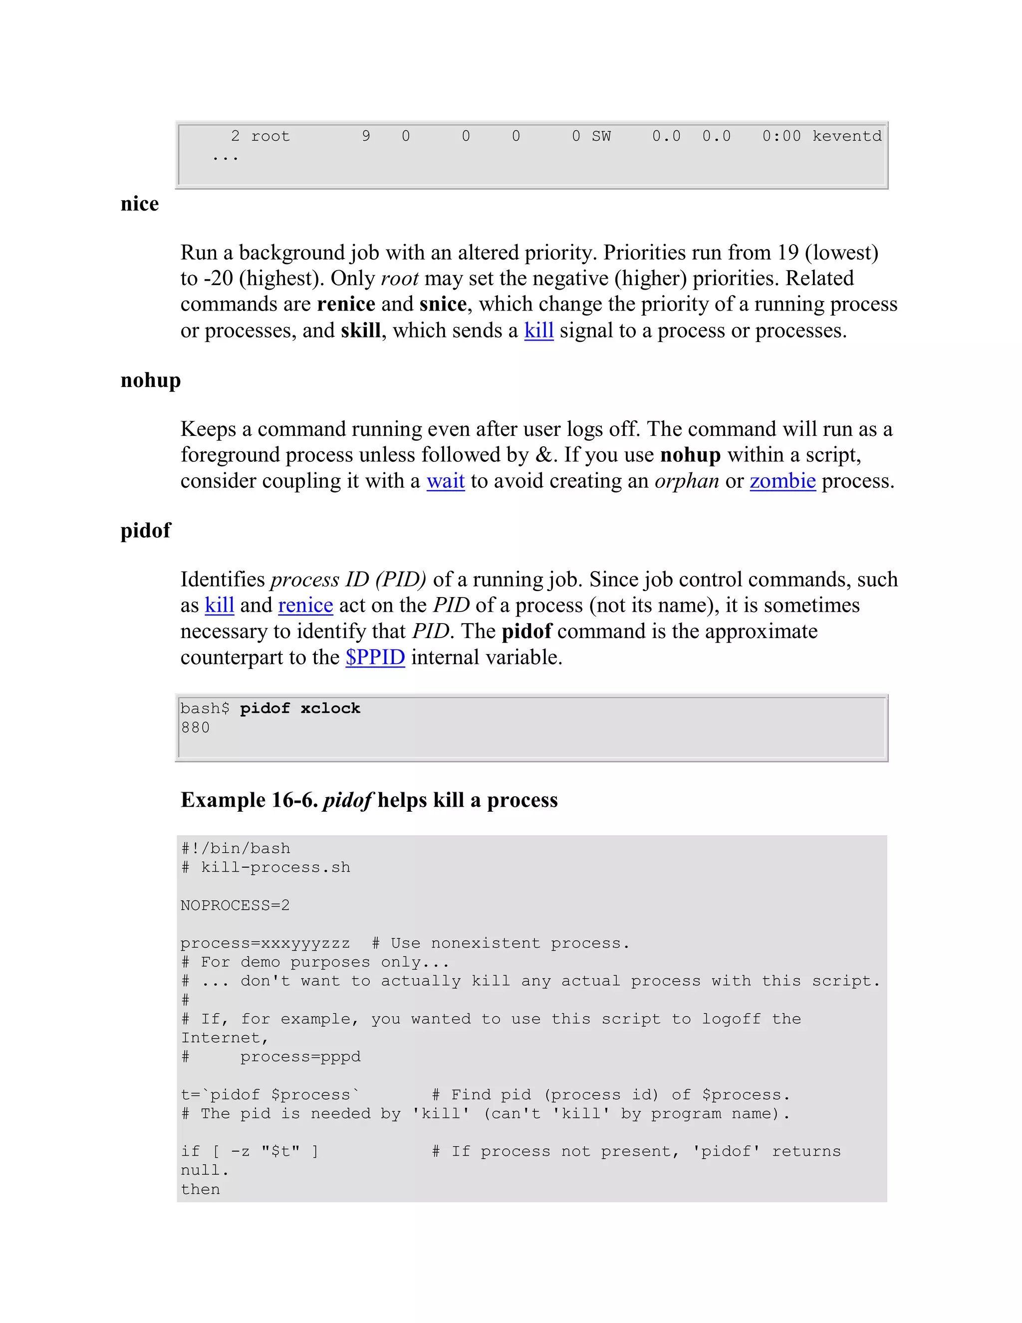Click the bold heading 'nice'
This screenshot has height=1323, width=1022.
(139, 204)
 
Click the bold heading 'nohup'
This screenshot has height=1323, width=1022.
(150, 380)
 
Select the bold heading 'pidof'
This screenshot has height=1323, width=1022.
(145, 531)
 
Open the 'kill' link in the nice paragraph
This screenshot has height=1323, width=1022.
(538, 331)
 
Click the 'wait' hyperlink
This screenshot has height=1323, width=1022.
(445, 481)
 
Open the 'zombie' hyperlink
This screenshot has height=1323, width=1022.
(782, 481)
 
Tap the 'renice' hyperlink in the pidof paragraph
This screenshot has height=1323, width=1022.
(305, 605)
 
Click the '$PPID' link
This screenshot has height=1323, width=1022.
(375, 658)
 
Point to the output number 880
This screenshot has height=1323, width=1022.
(195, 727)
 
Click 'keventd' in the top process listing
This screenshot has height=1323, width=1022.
(846, 136)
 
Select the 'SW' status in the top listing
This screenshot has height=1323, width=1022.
(601, 136)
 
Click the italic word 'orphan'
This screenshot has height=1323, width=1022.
(687, 481)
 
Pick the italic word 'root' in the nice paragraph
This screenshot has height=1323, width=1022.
(399, 279)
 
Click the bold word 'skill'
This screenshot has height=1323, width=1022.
(360, 331)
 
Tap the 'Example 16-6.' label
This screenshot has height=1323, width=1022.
(249, 800)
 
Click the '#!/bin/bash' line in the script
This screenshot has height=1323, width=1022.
(236, 848)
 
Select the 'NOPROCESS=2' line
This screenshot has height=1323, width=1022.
(235, 905)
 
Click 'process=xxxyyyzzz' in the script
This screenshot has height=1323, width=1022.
(264, 943)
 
